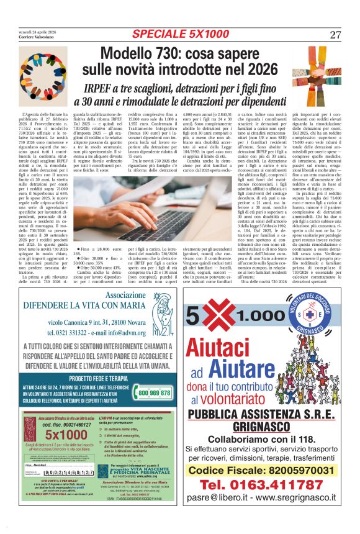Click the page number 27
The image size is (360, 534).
tap(335, 34)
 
